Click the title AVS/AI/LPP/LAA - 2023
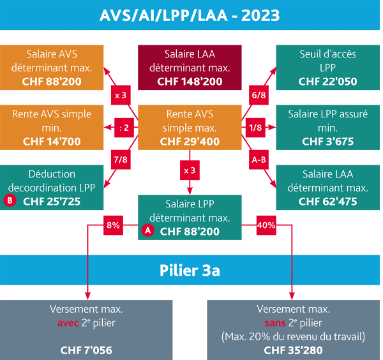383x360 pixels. tap(190, 15)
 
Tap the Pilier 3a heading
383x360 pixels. tap(190, 271)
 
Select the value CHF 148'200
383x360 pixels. tap(190, 82)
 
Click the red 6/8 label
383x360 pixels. tap(259, 95)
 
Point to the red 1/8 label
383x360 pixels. tap(255, 128)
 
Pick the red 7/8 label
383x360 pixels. tap(121, 160)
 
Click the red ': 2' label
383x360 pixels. tap(124, 128)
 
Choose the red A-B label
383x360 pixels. tap(259, 160)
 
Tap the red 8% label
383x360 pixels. tap(113, 225)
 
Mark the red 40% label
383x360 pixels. tap(266, 225)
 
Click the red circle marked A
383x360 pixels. tap(148, 230)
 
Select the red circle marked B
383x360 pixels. tap(10, 200)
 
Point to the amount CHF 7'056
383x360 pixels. tap(86, 350)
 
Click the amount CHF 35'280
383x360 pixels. tap(293, 350)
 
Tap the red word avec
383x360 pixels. tap(68, 323)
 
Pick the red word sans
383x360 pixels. tap(275, 323)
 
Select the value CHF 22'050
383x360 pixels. tap(328, 82)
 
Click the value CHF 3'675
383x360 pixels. tap(328, 142)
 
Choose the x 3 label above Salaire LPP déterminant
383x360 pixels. tap(190, 170)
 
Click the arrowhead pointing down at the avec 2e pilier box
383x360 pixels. tap(87, 296)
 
